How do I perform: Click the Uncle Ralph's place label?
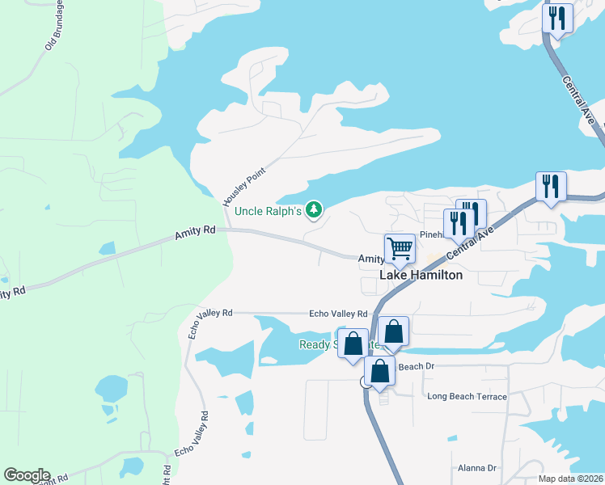pos(268,212)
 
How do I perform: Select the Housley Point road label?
pos(244,181)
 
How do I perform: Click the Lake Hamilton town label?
pos(421,275)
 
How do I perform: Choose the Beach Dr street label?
pos(417,366)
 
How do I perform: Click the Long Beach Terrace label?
pos(467,396)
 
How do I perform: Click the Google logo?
pos(27,475)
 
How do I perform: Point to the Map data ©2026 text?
pos(571,479)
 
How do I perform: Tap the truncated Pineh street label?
pos(430,234)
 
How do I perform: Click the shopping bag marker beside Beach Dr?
pos(380,371)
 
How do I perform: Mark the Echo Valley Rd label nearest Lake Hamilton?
pos(338,314)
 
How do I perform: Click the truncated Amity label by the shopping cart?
pos(371,259)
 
